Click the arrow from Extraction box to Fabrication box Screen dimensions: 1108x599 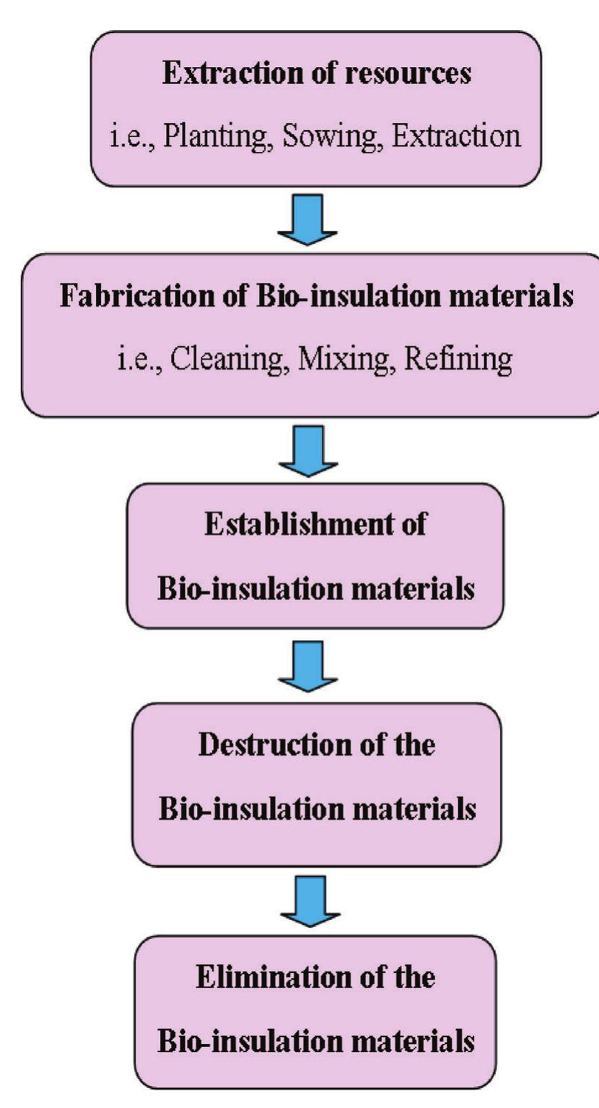(x=308, y=218)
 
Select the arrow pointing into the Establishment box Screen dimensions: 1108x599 (x=308, y=450)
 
